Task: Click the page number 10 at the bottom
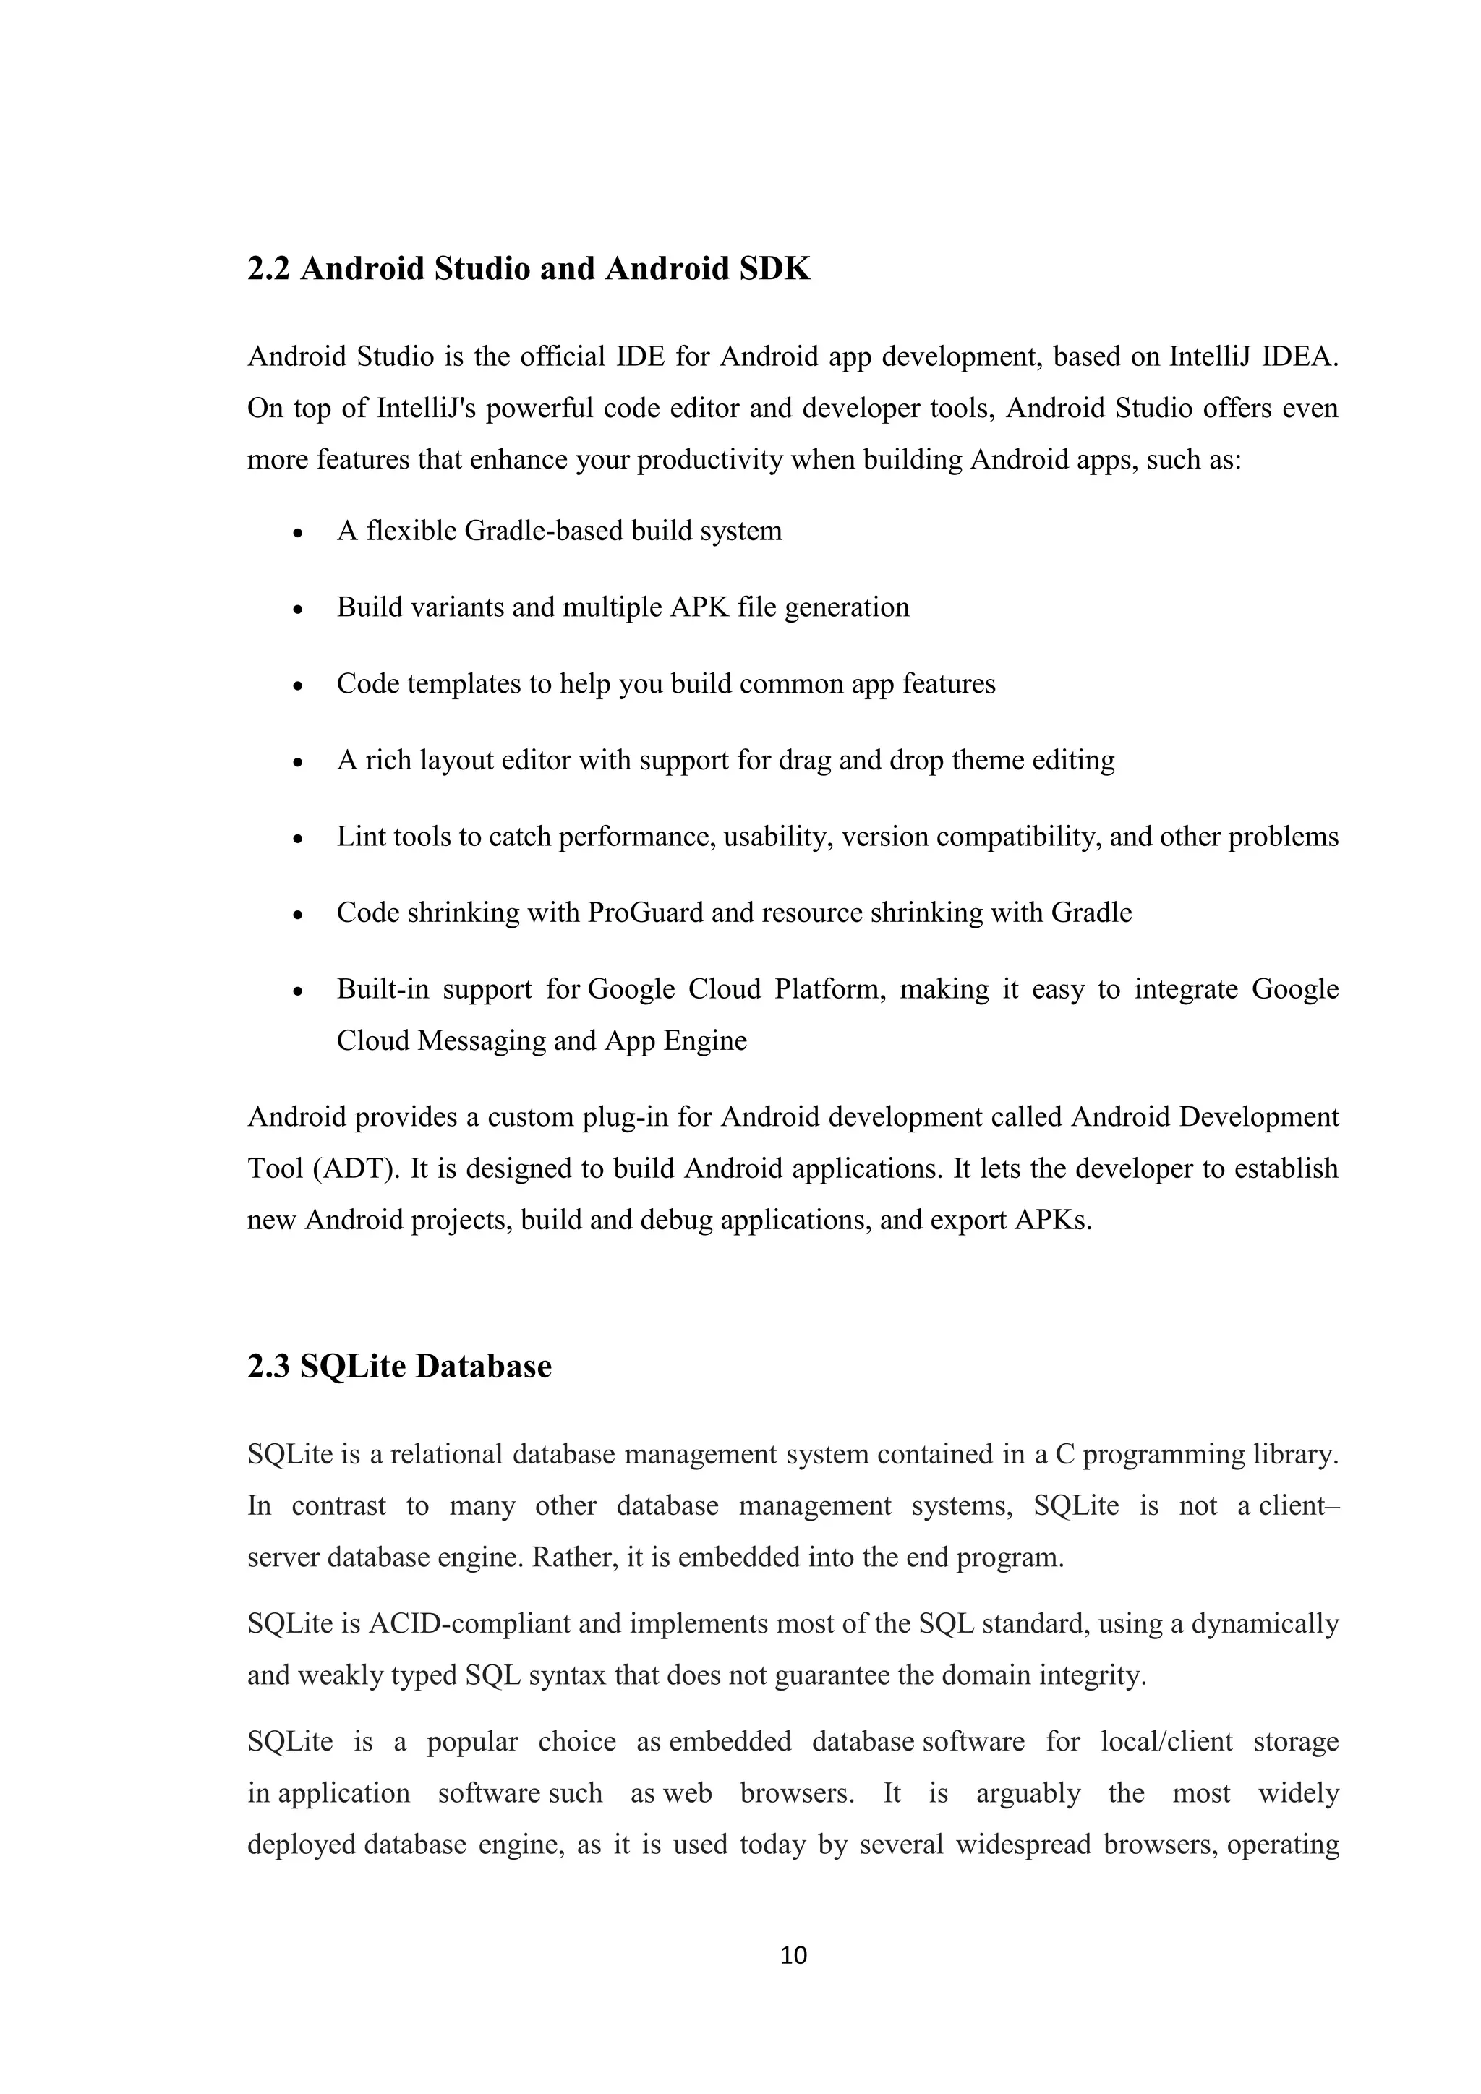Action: click(793, 1954)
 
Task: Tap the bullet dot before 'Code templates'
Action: click(297, 687)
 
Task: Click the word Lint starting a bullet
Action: click(361, 837)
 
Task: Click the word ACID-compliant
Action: click(469, 1624)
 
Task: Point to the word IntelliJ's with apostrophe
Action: click(427, 408)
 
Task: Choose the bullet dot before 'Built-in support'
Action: click(297, 992)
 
